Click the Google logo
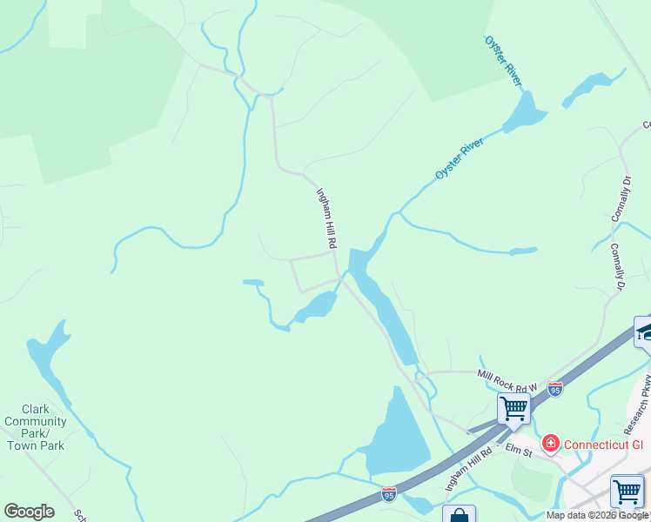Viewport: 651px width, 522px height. [29, 512]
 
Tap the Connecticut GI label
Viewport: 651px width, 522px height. [604, 445]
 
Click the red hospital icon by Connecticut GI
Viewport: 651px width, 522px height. [550, 445]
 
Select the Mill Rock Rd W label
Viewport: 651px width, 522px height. [507, 379]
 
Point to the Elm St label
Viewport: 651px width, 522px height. [520, 451]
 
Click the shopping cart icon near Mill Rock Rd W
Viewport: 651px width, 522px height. [513, 407]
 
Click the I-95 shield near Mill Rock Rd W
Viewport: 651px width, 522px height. [555, 388]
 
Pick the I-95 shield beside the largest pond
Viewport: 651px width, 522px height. [389, 493]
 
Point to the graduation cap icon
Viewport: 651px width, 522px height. [645, 331]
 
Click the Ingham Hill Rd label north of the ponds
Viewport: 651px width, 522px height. [325, 219]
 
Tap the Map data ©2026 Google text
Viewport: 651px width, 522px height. [597, 515]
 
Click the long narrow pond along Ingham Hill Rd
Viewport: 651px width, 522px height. [379, 304]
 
